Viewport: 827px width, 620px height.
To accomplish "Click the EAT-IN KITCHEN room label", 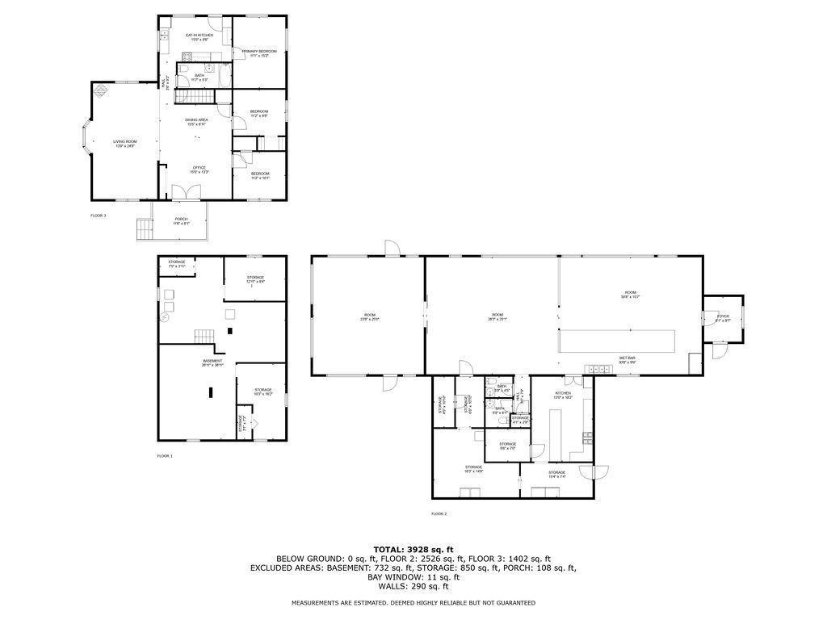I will coord(199,36).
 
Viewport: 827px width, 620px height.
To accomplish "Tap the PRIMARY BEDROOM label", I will coord(259,51).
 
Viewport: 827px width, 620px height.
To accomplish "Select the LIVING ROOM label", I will coord(124,141).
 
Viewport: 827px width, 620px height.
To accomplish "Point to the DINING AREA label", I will coord(196,119).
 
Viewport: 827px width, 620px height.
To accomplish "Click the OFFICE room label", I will coord(199,168).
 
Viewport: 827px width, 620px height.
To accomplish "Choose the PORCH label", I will coord(181,219).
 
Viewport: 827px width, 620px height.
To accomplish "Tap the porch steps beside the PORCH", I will coord(143,230).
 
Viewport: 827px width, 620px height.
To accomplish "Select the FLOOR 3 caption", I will coord(98,216).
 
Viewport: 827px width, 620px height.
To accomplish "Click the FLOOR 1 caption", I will coord(165,456).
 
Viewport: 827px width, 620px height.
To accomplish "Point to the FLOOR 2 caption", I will coord(439,513).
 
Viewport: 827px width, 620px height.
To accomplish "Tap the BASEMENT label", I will coord(212,361).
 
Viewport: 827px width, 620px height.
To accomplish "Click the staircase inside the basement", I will coord(203,337).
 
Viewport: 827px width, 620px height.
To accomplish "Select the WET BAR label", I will coord(627,358).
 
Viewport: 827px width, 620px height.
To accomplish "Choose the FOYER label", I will coord(723,316).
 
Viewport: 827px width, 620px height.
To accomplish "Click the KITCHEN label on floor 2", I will coord(562,393).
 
